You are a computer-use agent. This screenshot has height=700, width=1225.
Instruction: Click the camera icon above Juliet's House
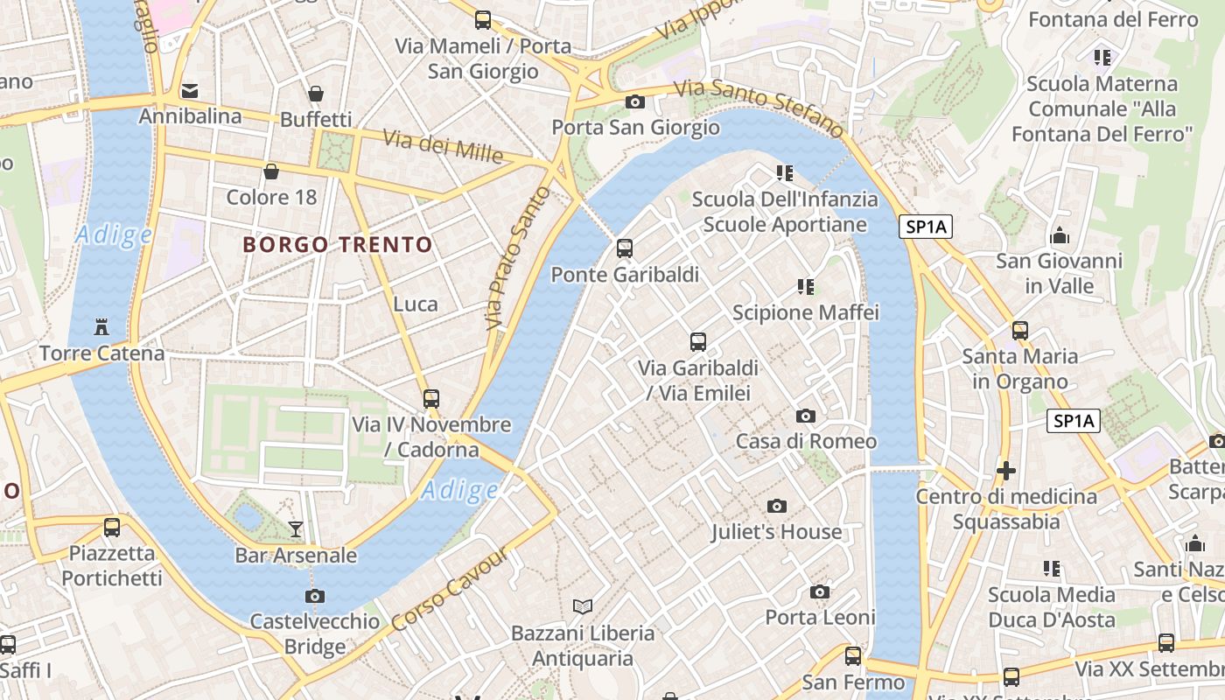coord(776,506)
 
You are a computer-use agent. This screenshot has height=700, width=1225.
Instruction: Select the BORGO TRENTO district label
coord(338,245)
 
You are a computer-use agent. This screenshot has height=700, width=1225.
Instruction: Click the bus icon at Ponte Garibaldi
coord(624,248)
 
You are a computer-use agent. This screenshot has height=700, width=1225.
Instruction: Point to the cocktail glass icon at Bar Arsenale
coord(296,528)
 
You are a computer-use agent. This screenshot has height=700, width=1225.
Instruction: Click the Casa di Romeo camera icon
coord(806,416)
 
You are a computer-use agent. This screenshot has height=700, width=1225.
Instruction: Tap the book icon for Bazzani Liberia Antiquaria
coord(582,605)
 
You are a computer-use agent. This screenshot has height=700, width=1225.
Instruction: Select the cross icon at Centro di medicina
coord(1006,471)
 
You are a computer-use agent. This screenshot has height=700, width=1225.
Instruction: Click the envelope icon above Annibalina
coord(190,90)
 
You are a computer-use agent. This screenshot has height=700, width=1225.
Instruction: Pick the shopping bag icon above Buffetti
coord(316,94)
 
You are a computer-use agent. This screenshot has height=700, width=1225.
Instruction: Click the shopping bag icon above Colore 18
coord(271,171)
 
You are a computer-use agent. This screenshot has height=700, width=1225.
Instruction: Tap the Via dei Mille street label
coord(444,146)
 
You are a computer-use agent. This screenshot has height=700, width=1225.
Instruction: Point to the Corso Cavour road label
coord(449,589)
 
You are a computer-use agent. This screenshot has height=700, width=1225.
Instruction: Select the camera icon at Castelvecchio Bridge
coord(315,596)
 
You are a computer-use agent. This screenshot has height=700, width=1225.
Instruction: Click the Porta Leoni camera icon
coord(820,591)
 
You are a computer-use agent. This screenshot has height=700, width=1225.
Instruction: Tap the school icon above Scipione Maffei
coord(806,286)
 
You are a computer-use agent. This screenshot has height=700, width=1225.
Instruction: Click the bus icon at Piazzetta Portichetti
coord(112,527)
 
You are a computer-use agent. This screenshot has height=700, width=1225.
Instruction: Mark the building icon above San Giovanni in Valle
coord(1060,235)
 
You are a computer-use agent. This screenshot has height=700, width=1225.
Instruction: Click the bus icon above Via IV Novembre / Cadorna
coord(431,399)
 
